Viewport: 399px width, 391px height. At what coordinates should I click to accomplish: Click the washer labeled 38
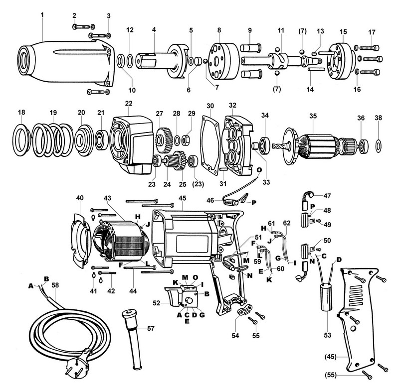379,145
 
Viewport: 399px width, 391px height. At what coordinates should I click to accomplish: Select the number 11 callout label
281,30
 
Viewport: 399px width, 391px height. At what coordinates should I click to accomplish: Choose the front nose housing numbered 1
65,62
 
